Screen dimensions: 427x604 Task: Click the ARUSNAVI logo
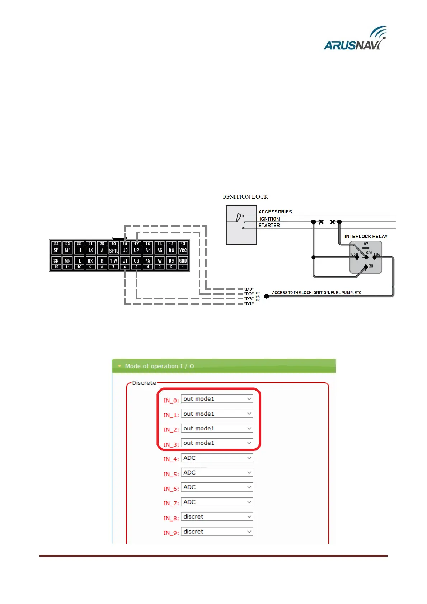(355, 39)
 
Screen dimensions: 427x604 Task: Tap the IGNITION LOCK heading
(245, 197)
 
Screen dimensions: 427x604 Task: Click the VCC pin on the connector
(183, 250)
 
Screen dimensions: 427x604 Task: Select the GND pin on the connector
(183, 261)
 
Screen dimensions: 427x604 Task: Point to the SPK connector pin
(113, 250)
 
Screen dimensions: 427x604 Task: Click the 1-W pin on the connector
(113, 261)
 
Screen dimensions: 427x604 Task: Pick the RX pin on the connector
(90, 261)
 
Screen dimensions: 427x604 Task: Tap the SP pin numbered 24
(56, 250)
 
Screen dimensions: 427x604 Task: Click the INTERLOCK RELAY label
(366, 236)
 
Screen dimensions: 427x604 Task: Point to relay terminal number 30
(370, 266)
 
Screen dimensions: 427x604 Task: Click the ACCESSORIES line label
(275, 212)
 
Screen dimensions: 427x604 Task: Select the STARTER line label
(269, 225)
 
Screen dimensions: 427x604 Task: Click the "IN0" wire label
(249, 289)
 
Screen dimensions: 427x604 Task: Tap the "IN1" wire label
(249, 304)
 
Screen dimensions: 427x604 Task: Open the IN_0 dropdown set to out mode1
(217, 399)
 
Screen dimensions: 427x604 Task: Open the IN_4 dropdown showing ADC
(217, 458)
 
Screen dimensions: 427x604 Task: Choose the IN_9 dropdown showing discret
(217, 532)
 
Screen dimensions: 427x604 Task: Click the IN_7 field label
(171, 503)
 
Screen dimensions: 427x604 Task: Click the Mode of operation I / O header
(159, 366)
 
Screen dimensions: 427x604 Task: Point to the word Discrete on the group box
(144, 383)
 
